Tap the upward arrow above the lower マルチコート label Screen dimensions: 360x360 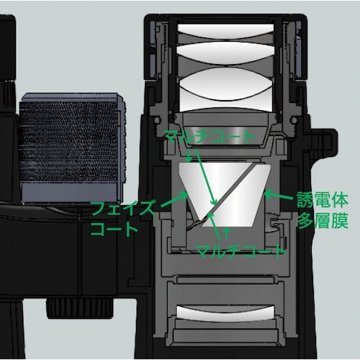pos(228,233)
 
